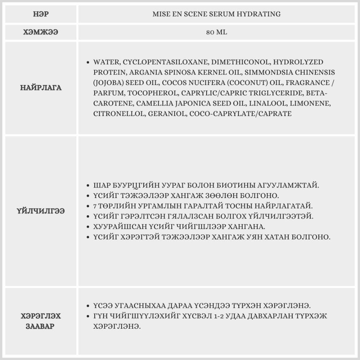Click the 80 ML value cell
click(217, 32)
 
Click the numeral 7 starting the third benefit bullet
click(95, 206)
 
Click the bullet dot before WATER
click(88, 62)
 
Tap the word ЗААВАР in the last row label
click(40, 327)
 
